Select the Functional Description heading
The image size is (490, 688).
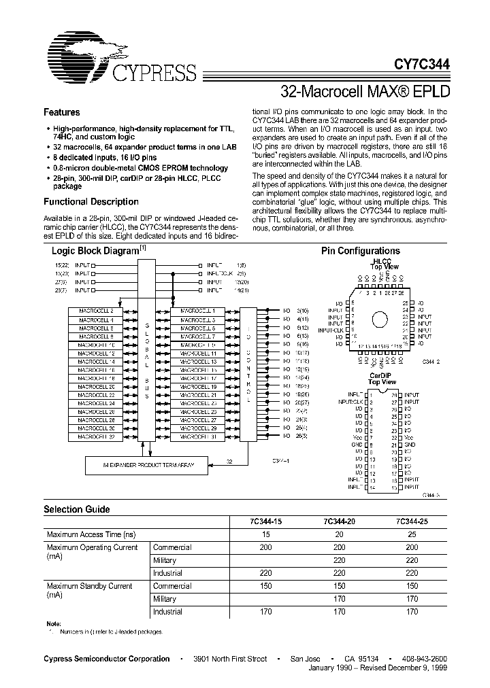click(x=91, y=202)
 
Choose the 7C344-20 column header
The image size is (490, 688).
click(x=338, y=521)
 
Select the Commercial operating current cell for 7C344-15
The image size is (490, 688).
click(x=265, y=547)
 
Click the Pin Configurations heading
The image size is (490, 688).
click(x=360, y=251)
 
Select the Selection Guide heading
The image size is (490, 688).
click(x=76, y=509)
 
